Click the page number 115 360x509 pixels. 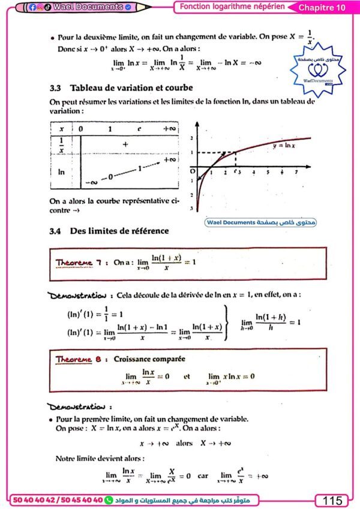pos(332,500)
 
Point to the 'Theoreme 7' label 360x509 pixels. pos(74,263)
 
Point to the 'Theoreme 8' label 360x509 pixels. pos(74,359)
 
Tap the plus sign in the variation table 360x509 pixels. pos(125,144)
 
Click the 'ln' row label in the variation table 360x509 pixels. pos(61,171)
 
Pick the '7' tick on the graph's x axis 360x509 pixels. pos(296,172)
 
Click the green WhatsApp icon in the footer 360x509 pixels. pos(109,500)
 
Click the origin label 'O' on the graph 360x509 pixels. pos(192,171)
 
